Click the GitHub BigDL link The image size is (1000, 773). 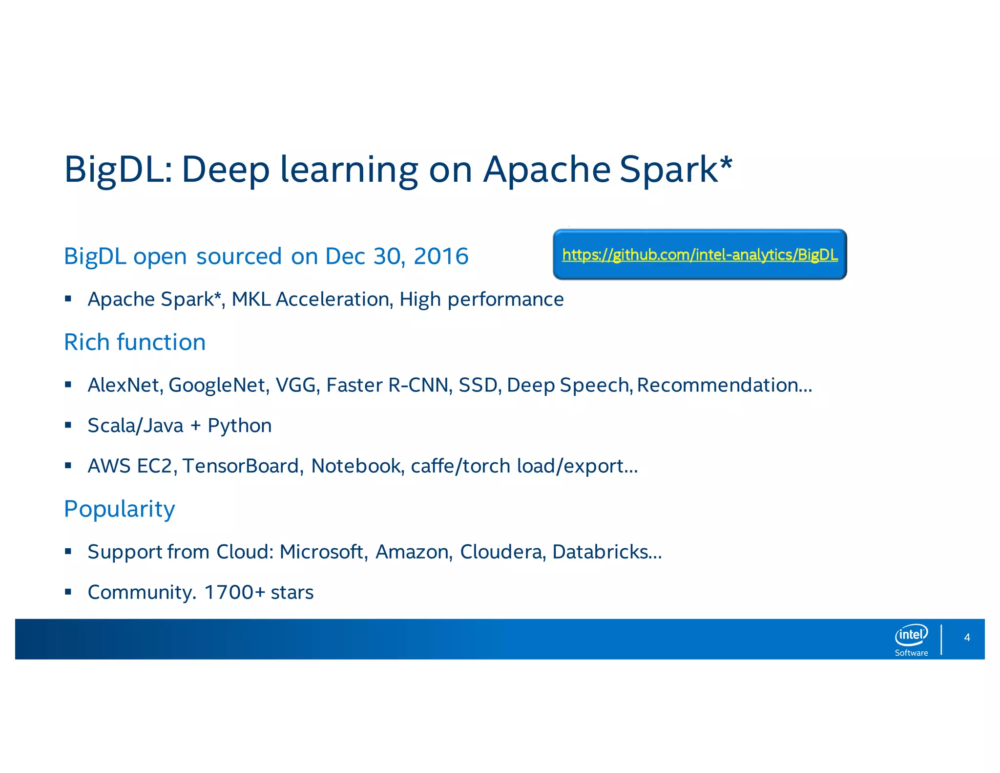pos(699,255)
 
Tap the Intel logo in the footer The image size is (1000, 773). pos(911,635)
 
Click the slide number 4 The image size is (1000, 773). pos(967,637)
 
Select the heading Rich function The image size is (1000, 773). pos(135,342)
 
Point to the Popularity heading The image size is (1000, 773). pos(119,509)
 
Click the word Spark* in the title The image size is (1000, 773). pos(676,170)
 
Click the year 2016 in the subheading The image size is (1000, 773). pos(441,257)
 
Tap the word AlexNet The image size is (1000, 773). pos(125,385)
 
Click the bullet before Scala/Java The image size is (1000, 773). pos(68,425)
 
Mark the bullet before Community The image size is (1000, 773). pos(68,592)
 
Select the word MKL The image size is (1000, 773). pos(251,299)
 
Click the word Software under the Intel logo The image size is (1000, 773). pos(911,653)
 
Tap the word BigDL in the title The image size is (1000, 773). pos(118,170)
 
